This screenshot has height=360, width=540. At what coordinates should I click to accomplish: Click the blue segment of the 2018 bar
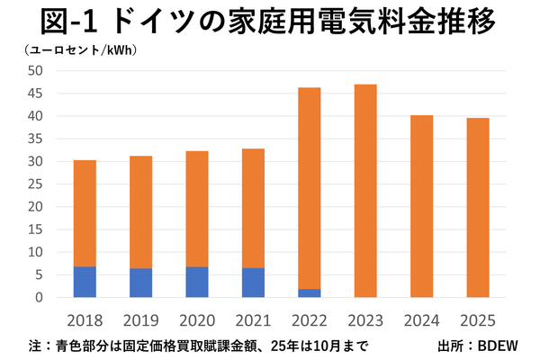(85, 282)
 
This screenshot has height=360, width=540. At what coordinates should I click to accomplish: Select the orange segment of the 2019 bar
(140, 212)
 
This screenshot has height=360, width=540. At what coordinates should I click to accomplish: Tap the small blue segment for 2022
(310, 293)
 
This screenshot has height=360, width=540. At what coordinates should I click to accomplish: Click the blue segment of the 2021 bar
(253, 283)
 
